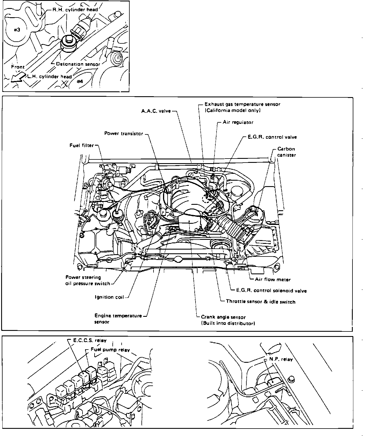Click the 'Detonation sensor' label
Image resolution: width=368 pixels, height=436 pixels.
[x=78, y=64]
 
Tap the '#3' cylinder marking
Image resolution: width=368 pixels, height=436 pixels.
[x=17, y=30]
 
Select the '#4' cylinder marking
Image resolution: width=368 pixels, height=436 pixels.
[x=80, y=81]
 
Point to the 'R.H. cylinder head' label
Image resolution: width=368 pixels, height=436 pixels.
[x=75, y=9]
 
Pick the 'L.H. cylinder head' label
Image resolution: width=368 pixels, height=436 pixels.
[x=49, y=77]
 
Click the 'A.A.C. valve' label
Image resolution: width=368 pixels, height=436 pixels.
[x=156, y=111]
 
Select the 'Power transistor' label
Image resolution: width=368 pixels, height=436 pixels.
[x=124, y=134]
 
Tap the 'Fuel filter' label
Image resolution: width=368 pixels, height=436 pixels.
[x=82, y=145]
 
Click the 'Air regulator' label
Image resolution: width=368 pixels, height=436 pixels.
[x=238, y=122]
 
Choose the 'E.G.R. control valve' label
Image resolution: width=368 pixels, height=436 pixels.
[x=272, y=137]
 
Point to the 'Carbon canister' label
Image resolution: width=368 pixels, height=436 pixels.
[x=286, y=152]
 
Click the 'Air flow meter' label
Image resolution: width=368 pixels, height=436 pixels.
[x=273, y=279]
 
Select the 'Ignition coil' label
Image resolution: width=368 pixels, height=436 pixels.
[x=109, y=297]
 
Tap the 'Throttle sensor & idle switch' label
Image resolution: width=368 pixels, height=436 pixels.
[x=261, y=302]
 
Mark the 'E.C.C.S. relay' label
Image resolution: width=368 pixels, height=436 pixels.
[x=90, y=340]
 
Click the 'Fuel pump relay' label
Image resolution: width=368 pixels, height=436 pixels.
[x=110, y=350]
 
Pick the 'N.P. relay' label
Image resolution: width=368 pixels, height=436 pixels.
[x=281, y=359]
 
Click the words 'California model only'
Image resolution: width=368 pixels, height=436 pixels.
[x=233, y=110]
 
